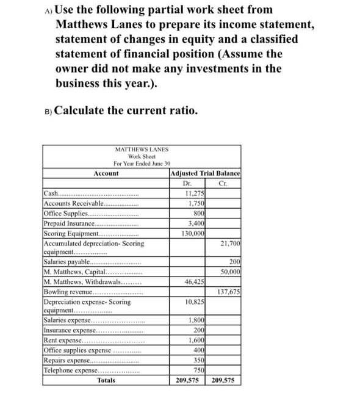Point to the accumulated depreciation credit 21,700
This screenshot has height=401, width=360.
[230, 243]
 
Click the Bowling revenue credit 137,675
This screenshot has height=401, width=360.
[228, 292]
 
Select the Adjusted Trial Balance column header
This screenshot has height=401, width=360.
[204, 174]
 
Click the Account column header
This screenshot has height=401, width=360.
[106, 174]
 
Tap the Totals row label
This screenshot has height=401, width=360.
[106, 380]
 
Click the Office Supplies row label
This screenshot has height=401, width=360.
[67, 213]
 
